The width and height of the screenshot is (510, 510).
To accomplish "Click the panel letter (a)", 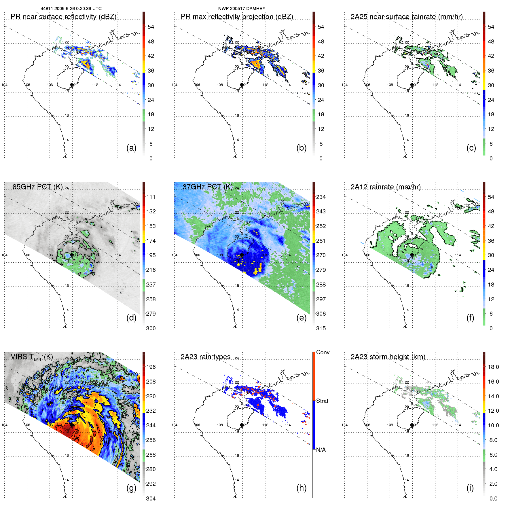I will click(131, 148).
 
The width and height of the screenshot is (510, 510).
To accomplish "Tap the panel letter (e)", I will click(301, 318).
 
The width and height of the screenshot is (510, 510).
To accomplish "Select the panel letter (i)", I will click(470, 488).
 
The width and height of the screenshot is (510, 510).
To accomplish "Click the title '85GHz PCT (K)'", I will click(37, 187).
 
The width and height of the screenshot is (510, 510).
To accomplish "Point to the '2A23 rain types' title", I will click(205, 357).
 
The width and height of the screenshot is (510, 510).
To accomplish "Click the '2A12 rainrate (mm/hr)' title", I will click(385, 187).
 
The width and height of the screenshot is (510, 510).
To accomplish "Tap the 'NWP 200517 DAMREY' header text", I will click(242, 9).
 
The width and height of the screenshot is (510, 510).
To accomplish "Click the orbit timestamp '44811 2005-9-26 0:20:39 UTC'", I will click(71, 9).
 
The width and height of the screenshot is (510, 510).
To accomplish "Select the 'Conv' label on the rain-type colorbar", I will click(323, 352).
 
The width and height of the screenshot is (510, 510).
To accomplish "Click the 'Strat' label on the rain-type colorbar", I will click(322, 401).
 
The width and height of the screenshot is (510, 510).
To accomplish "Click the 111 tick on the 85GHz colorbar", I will click(151, 197).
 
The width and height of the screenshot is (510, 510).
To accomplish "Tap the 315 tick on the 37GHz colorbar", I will click(321, 328).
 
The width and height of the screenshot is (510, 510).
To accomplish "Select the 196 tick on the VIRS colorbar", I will click(151, 367).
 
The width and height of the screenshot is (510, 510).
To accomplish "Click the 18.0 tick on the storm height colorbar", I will click(493, 367).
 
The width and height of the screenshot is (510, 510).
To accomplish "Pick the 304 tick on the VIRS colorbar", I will click(151, 498).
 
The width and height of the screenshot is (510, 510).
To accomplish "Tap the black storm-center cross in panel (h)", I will click(242, 425).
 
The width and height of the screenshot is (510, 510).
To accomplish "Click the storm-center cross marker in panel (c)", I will click(412, 85).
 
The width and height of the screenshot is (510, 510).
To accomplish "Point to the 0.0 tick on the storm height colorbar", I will click(493, 498).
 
